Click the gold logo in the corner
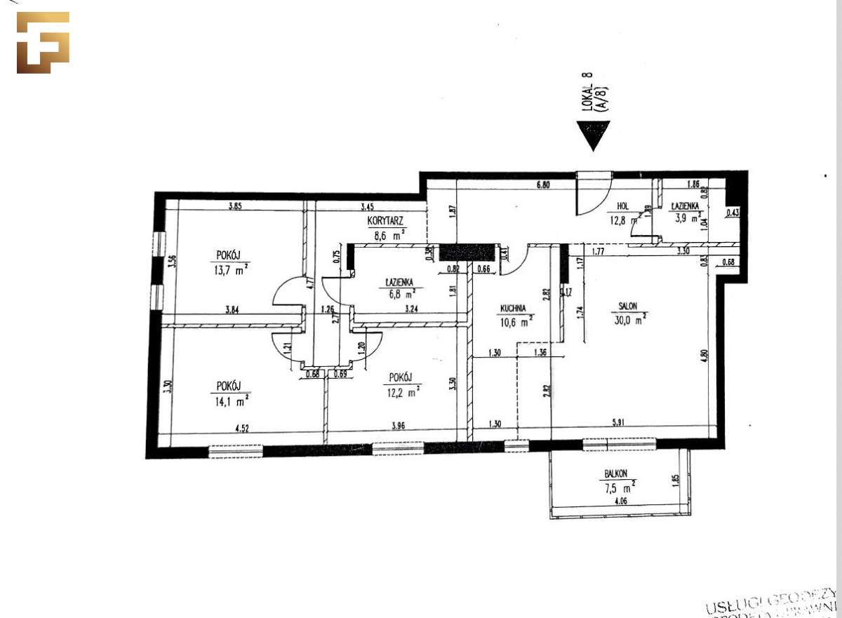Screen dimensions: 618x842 pyautogui.click(x=43, y=43)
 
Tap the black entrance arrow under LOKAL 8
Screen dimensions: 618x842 pyautogui.click(x=593, y=135)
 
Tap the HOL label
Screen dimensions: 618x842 pyautogui.click(x=622, y=206)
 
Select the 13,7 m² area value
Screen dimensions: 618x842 pyautogui.click(x=232, y=270)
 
